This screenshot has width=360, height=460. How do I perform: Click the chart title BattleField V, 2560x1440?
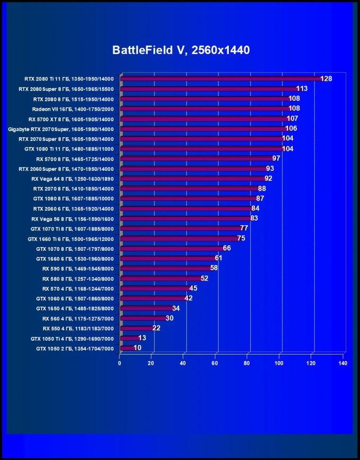181,50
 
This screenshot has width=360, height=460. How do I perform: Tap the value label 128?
326,79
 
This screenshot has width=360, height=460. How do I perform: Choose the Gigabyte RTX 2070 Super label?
61,129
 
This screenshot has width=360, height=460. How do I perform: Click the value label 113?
302,88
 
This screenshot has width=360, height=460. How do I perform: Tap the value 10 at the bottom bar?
137,348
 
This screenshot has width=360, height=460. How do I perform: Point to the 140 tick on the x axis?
342,363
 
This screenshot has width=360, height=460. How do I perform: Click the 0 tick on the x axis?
119,363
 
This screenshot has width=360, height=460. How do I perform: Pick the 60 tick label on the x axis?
215,363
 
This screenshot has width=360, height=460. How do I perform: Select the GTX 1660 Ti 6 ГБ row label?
71,239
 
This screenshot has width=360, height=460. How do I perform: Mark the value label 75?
241,238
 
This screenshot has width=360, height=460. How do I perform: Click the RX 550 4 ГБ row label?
78,328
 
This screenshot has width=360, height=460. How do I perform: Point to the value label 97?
276,159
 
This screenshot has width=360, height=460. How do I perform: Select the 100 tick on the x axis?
279,363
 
